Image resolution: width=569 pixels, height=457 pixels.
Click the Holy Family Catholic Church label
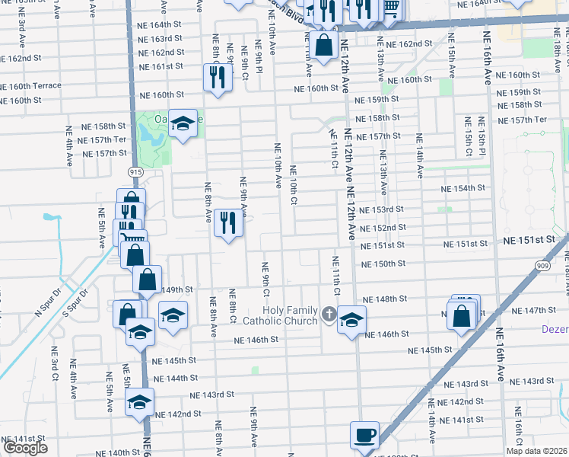[290, 315]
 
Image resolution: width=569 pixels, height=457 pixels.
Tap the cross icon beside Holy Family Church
[328, 314]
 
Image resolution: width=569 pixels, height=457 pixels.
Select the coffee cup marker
[364, 436]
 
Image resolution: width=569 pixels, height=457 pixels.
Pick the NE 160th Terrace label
[30, 85]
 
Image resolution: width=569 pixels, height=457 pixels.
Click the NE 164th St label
[161, 24]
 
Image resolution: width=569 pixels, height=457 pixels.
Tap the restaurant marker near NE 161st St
[218, 78]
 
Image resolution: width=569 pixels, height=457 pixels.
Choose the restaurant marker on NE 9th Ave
[228, 224]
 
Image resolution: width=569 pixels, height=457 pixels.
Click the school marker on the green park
[183, 124]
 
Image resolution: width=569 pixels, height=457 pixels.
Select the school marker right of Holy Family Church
[351, 320]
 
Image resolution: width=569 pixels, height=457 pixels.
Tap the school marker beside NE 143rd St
[139, 403]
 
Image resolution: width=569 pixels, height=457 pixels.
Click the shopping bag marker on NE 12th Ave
[324, 45]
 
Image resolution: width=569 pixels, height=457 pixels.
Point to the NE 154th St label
[464, 188]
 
